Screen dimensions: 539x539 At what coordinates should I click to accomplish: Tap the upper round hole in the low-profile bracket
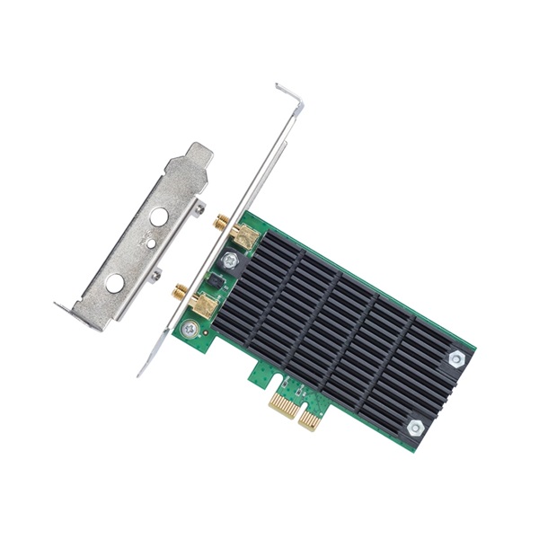tap(158, 216)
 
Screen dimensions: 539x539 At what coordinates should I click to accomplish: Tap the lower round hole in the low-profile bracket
tap(115, 283)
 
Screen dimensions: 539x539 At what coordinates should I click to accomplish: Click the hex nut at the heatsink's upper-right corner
tap(456, 358)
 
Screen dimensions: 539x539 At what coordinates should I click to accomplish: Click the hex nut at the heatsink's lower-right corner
tap(415, 428)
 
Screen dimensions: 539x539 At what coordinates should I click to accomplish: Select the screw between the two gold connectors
tap(231, 261)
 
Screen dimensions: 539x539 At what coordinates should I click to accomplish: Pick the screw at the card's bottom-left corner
tap(190, 329)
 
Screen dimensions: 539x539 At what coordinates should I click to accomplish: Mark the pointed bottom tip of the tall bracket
tap(141, 371)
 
